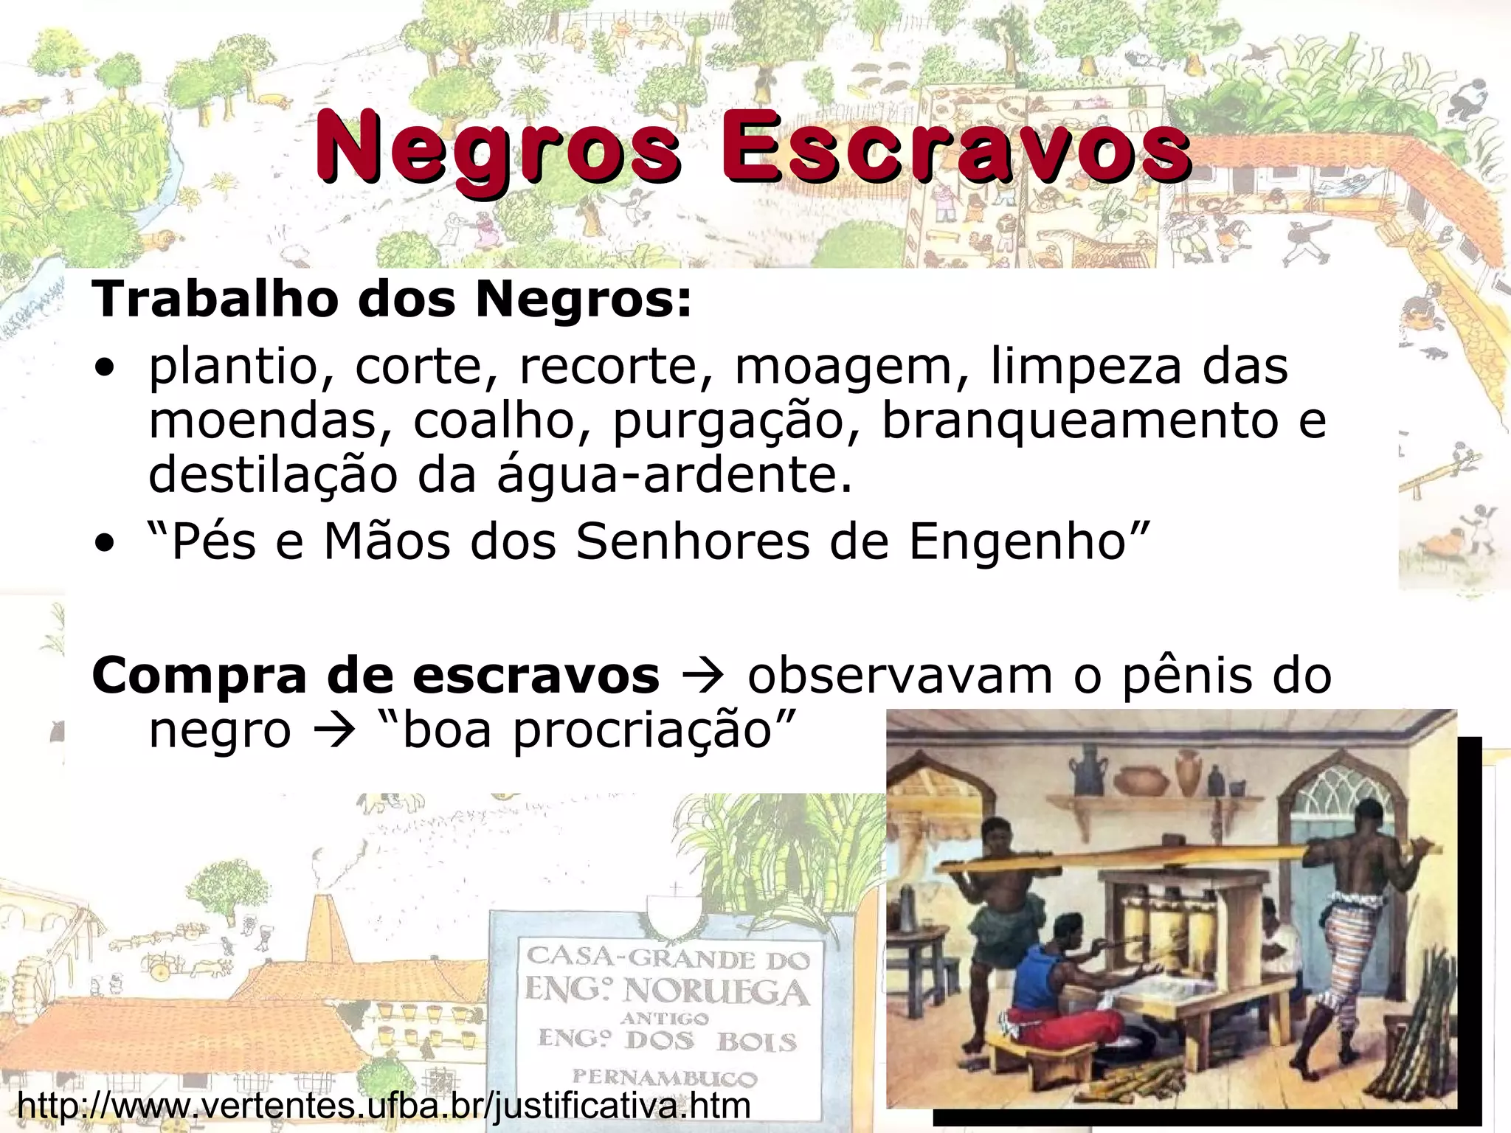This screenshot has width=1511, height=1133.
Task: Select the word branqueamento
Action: pos(1081,420)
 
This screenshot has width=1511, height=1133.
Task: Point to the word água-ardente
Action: pos(674,475)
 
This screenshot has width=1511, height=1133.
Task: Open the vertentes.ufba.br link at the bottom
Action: pos(384,1105)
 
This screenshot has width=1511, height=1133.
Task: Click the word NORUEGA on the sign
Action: pos(716,992)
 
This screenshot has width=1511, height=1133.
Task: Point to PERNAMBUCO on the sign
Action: pos(664,1078)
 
